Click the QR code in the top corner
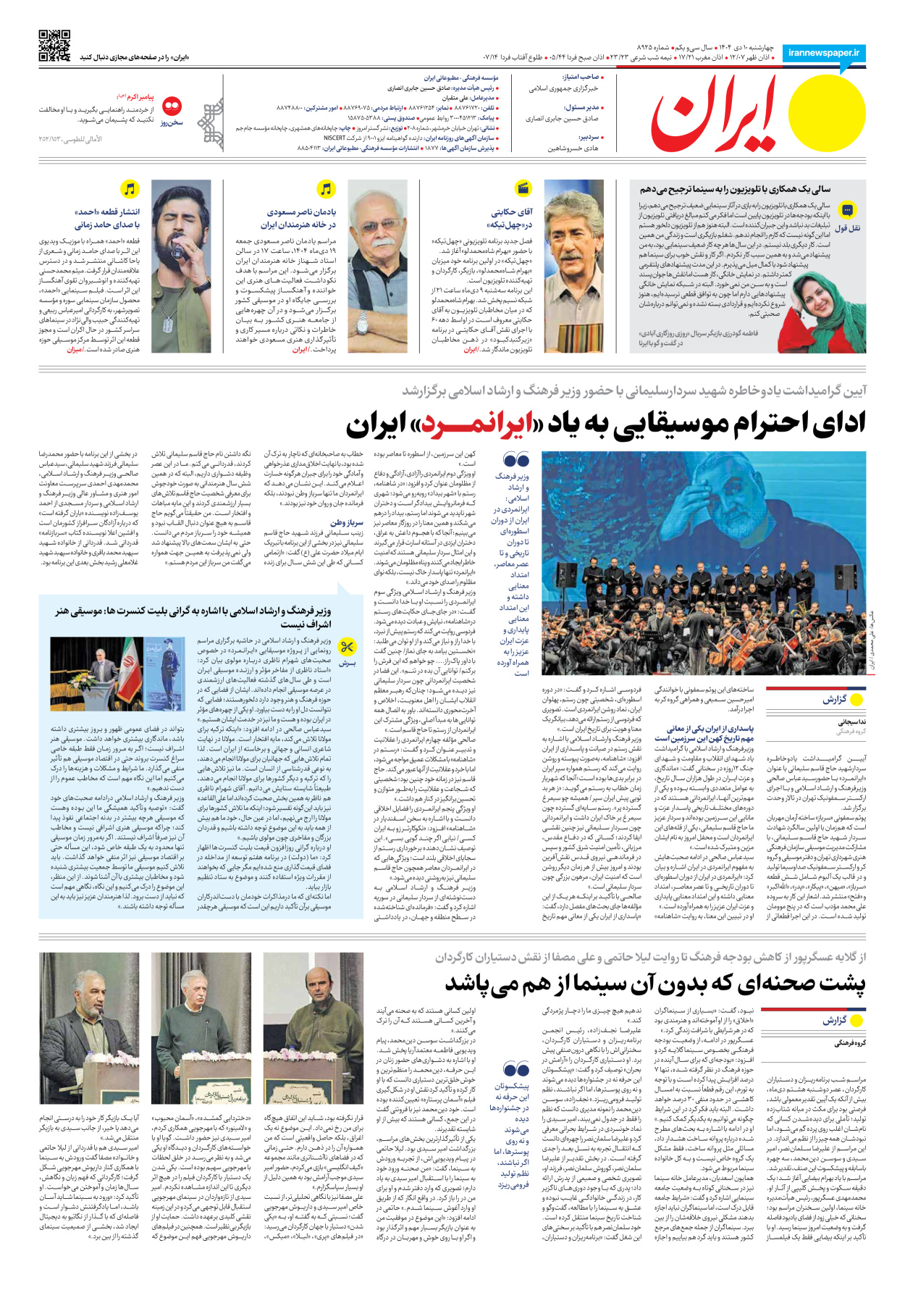click(x=54, y=45)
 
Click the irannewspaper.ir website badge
click(x=823, y=53)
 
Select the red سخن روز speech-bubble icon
click(x=172, y=107)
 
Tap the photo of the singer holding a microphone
click(x=180, y=266)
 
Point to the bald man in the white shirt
click(x=377, y=266)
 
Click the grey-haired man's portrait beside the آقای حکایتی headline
click(x=573, y=266)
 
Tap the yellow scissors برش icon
click(x=348, y=646)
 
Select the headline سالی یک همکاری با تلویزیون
click(x=735, y=189)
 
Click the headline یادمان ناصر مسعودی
click(x=300, y=219)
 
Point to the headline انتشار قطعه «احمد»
click(x=106, y=219)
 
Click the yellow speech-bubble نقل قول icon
click(x=847, y=211)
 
